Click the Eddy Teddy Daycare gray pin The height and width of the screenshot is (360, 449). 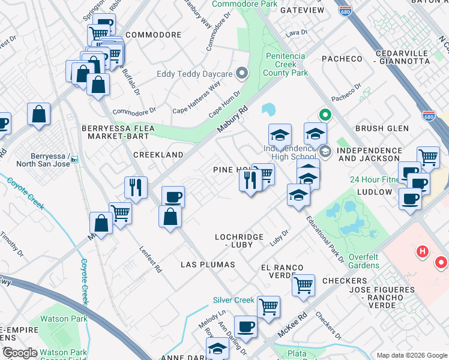(x=243, y=74)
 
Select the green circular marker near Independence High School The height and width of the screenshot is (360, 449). (x=325, y=113)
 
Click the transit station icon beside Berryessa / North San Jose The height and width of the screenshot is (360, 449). (x=74, y=160)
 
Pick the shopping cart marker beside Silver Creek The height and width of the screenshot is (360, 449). (x=268, y=307)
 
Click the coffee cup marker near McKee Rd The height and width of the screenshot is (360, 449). (x=246, y=327)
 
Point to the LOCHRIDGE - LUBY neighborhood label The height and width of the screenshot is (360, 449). (x=240, y=241)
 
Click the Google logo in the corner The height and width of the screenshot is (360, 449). (x=20, y=353)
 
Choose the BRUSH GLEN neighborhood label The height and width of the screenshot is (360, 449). (x=382, y=128)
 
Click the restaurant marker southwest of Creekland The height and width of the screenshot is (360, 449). (x=136, y=187)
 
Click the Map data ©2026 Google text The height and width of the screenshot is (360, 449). (x=411, y=355)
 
